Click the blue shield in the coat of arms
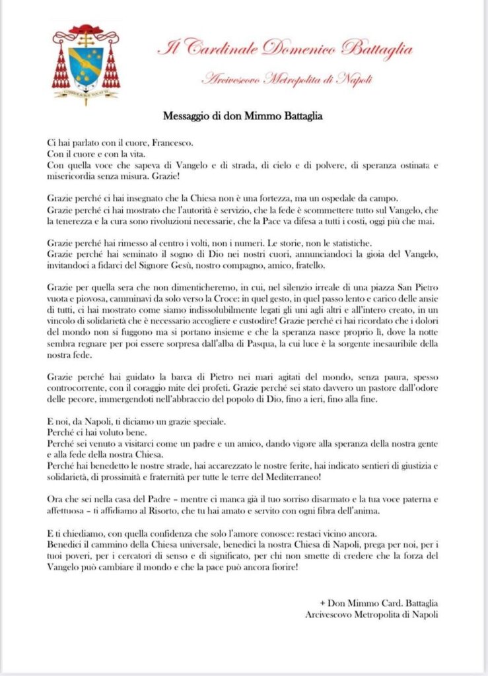[86, 65]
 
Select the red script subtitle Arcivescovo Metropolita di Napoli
[286, 80]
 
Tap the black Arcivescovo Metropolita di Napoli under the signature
[372, 614]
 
